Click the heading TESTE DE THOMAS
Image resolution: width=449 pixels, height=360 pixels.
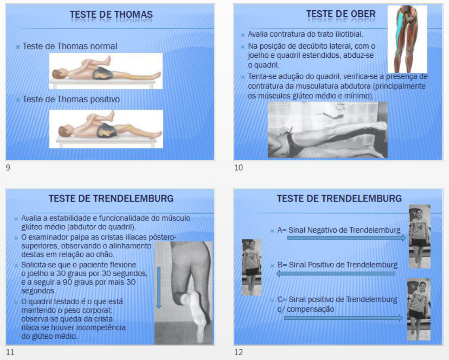point(111,14)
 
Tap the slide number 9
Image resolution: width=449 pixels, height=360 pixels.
point(8,168)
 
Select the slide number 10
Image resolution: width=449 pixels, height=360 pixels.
point(239,168)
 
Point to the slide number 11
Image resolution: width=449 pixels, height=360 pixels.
point(10,352)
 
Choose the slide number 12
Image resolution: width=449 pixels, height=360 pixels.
point(239,352)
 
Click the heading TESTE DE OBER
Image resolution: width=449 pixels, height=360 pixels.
point(341,14)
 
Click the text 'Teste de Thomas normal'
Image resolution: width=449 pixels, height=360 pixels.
point(70,46)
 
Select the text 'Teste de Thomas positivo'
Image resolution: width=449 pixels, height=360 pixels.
point(71,99)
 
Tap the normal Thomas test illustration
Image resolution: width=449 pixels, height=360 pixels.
point(106,71)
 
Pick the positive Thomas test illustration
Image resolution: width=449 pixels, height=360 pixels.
point(106,129)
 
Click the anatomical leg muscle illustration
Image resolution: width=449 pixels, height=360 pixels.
point(407,39)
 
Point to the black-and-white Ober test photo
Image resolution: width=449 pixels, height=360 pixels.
point(328,130)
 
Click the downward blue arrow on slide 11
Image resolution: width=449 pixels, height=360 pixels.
point(159,287)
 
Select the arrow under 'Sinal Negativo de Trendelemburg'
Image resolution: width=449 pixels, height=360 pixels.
point(347,238)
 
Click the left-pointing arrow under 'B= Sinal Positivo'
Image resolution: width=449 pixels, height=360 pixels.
point(335,273)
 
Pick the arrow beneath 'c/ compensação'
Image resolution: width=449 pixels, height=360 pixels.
point(343,318)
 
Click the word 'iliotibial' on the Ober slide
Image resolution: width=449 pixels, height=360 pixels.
point(349,34)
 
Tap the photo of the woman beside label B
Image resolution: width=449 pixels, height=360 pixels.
point(252,268)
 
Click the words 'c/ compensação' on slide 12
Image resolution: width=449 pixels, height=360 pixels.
point(306,309)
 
